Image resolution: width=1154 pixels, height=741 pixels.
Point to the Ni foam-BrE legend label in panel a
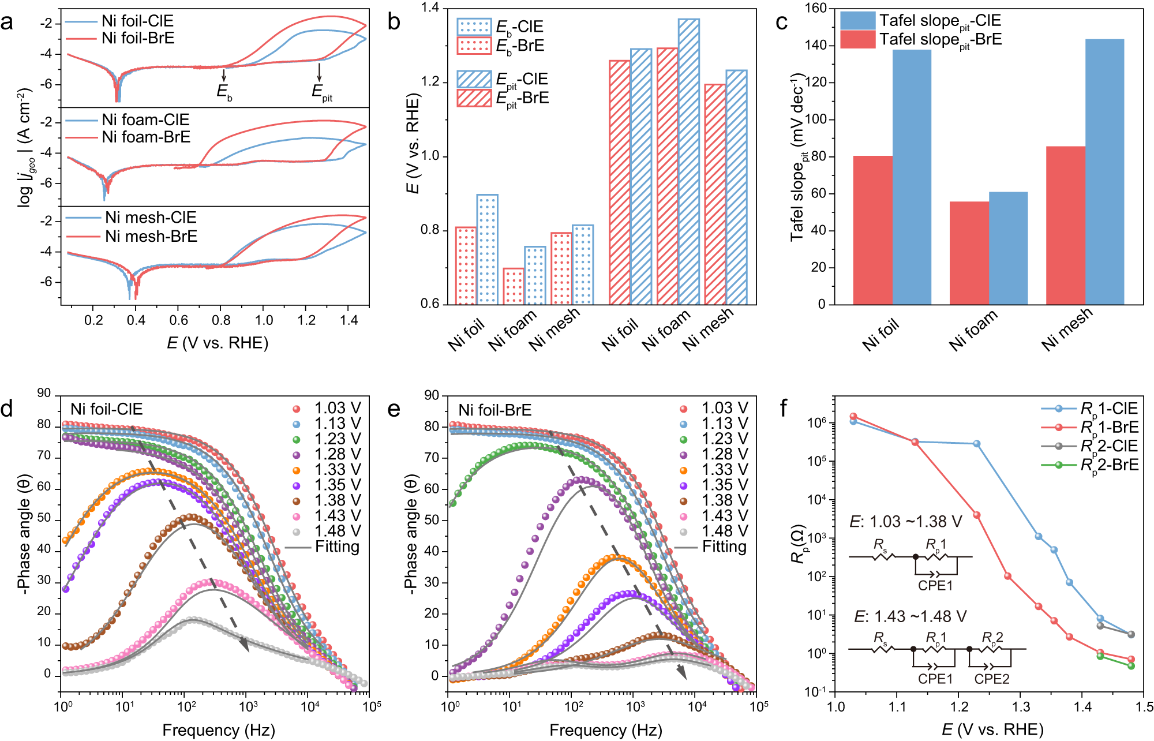146,137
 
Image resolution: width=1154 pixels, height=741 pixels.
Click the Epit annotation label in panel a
321,92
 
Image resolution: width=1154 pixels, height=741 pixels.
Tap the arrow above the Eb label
224,75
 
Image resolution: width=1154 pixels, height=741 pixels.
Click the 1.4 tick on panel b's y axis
430,8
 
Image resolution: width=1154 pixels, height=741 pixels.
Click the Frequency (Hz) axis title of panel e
605,730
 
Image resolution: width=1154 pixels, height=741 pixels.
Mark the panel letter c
782,22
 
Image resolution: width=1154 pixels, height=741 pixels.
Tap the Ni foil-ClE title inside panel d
106,409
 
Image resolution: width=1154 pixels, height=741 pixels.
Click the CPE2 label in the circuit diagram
992,679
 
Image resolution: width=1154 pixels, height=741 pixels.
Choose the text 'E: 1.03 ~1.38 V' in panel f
905,522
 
